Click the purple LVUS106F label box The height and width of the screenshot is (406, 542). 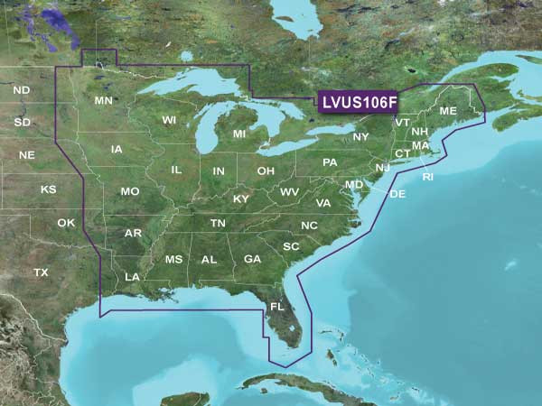coord(358,103)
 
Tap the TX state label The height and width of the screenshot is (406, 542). coord(41,272)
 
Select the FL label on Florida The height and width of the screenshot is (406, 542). coord(276,307)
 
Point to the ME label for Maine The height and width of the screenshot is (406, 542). coord(448,111)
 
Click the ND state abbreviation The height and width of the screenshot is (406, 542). coord(22,90)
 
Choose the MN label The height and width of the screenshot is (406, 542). coord(103,100)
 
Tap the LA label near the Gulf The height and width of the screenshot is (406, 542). coord(132,276)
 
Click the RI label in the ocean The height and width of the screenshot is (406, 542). coord(427,177)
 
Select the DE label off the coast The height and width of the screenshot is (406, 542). coord(397,194)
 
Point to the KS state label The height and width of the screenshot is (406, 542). coord(48,190)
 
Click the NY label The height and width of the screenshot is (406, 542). coord(360,137)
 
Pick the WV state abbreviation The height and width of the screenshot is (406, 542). coord(289,193)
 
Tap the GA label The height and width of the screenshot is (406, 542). coord(252,259)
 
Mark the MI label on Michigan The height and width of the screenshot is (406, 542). coord(239,134)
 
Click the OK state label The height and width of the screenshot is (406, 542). coord(67,223)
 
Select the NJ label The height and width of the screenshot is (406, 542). coord(382,168)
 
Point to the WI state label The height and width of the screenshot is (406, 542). coord(169,120)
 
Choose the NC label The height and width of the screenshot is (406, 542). coord(309,226)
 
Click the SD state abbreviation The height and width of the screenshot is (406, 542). coord(23,122)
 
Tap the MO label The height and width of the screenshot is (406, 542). coord(130,192)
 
